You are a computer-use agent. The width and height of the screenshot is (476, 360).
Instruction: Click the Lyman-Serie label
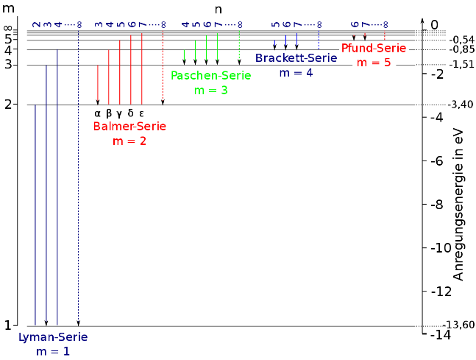[x=53, y=337]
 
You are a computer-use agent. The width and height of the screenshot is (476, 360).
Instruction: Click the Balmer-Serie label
[x=129, y=127]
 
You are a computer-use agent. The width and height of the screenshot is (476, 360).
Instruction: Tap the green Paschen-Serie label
[x=210, y=76]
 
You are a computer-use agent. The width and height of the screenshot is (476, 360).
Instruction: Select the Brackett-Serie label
[x=296, y=58]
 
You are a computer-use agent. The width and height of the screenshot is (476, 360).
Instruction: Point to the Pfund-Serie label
[x=374, y=49]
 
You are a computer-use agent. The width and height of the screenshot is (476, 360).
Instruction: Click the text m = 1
[x=53, y=352]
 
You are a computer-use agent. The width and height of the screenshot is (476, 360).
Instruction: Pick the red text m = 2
[x=129, y=141]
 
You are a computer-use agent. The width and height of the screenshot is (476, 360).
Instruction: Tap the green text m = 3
[x=210, y=90]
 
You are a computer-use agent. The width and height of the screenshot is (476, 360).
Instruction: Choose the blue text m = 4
[x=296, y=72]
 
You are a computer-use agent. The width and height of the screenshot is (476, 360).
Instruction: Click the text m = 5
[x=374, y=63]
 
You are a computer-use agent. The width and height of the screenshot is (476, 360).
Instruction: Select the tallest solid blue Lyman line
[x=57, y=184]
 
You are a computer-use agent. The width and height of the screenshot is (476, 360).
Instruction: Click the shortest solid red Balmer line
[x=98, y=82]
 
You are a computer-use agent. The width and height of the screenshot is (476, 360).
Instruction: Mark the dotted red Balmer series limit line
[x=163, y=66]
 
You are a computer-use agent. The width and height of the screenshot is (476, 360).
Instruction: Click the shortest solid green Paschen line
[x=184, y=54]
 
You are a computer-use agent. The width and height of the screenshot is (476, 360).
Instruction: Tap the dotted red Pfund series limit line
[x=384, y=35]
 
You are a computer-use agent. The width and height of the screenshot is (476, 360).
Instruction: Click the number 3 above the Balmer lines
[x=98, y=24]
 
